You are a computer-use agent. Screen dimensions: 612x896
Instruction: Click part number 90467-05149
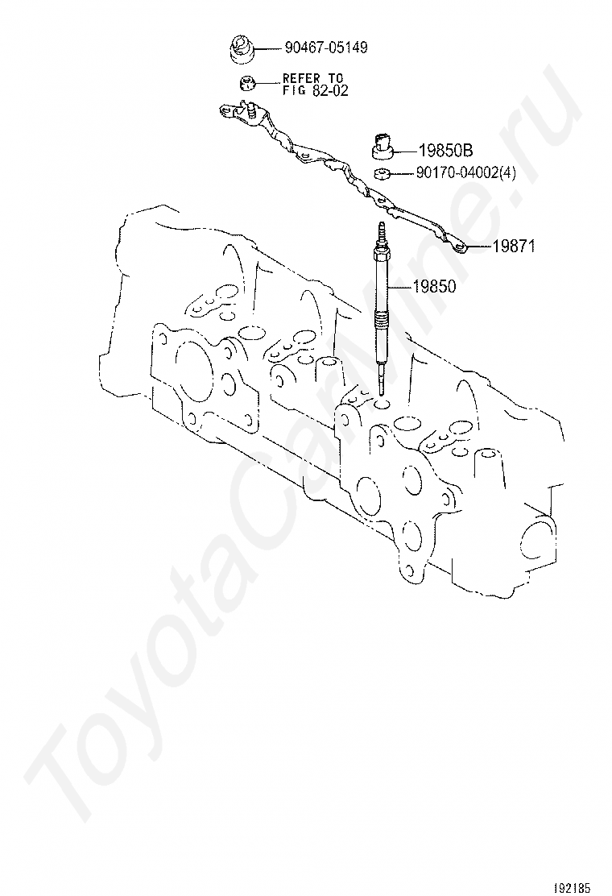tap(326, 48)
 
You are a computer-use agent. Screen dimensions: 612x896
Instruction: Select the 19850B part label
tap(445, 150)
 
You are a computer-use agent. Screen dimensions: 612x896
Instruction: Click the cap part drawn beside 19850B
tap(384, 145)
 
